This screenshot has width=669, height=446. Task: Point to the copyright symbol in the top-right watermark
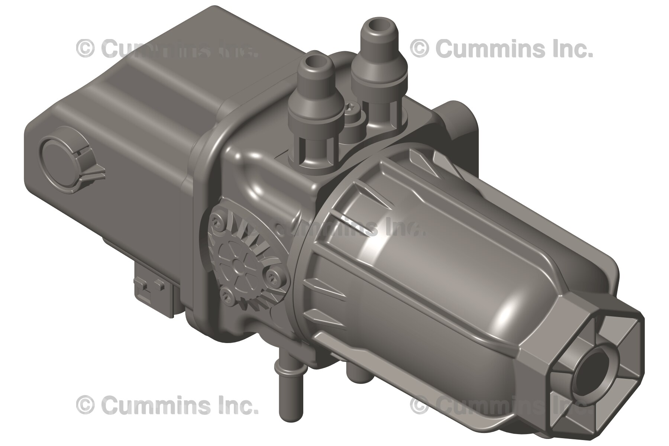click(419, 49)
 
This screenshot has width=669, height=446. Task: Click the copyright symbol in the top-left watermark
click(85, 49)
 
